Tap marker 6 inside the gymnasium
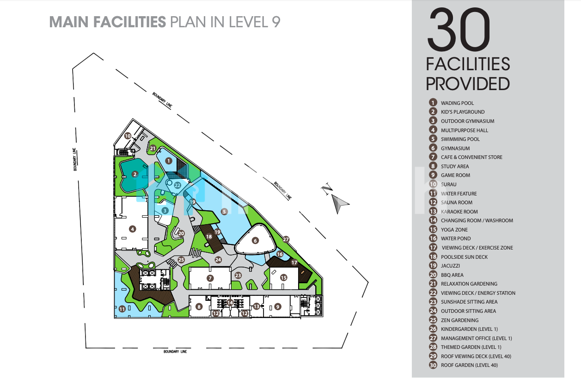point(255,241)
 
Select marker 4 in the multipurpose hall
point(133,229)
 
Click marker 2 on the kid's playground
point(135,174)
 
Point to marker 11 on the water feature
point(122,309)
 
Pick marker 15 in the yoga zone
point(283,277)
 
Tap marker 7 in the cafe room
point(210,278)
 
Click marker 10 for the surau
point(128,135)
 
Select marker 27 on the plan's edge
point(286,239)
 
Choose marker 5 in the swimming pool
point(224,212)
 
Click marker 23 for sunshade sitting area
point(238,275)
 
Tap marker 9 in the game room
point(277,307)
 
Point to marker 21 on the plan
point(153,148)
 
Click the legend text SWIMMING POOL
point(460,139)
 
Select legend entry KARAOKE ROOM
point(459,212)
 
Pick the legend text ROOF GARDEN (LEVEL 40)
point(469,365)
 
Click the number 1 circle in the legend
point(433,103)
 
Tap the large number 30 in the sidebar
point(459,29)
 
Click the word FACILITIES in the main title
point(129,22)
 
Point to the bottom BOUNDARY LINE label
point(175,352)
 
